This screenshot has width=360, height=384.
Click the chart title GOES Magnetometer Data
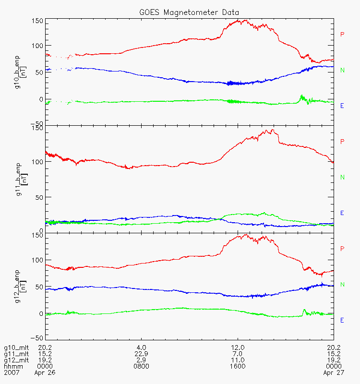[x=189, y=12]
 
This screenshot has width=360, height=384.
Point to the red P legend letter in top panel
[x=342, y=34]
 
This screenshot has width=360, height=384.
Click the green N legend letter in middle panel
[x=342, y=177]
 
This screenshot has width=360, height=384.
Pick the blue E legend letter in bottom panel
[x=342, y=320]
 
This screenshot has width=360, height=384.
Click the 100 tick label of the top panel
[x=37, y=46]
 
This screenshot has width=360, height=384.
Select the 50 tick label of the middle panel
[x=39, y=197]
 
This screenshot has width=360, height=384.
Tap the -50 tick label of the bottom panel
[x=37, y=338]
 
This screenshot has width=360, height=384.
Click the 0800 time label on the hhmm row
[x=141, y=366]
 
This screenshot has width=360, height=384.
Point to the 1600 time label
[x=238, y=366]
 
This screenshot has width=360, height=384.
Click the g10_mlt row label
[x=16, y=348]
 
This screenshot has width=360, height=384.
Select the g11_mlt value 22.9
[x=141, y=354]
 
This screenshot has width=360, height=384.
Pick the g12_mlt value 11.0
[x=238, y=360]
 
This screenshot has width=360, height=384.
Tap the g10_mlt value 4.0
[x=141, y=348]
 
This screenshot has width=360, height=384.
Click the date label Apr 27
[x=334, y=373]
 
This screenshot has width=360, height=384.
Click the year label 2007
[x=12, y=373]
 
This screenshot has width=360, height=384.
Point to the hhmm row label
[x=13, y=366]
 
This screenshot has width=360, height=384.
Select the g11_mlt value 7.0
[x=238, y=354]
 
